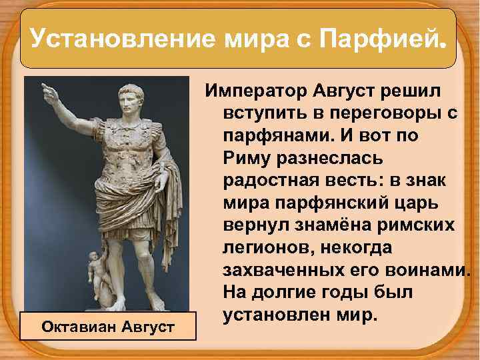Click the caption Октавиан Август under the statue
(108, 327)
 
